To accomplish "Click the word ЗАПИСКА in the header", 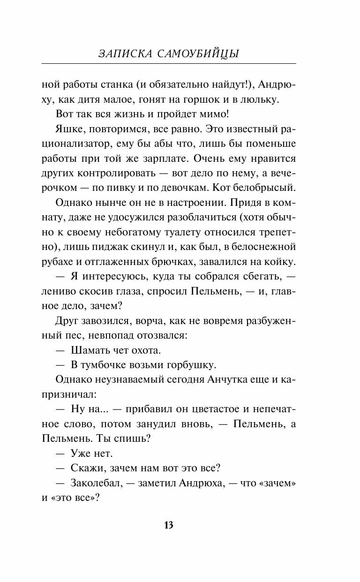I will click(124, 54).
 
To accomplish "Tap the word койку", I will click(278, 261).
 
